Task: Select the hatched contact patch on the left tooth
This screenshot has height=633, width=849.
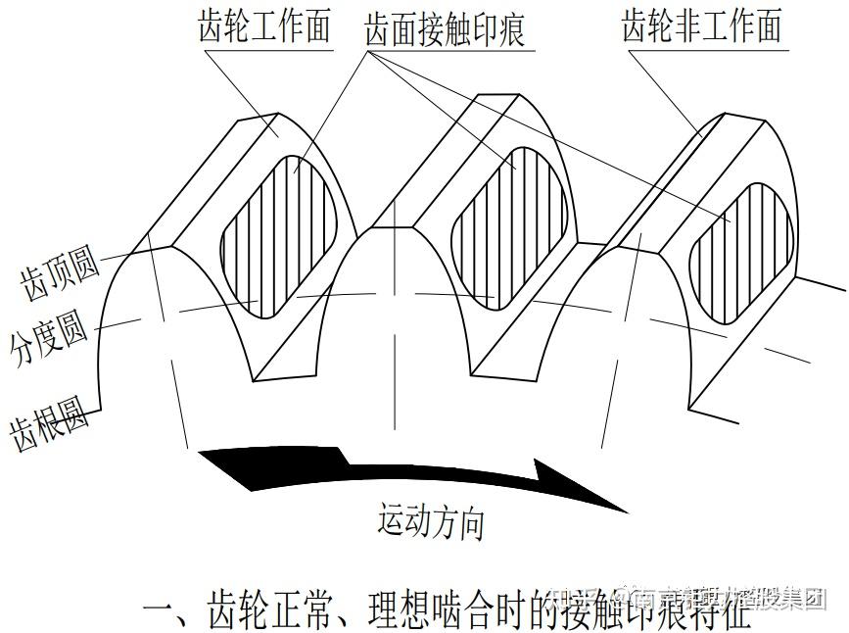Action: [280, 235]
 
